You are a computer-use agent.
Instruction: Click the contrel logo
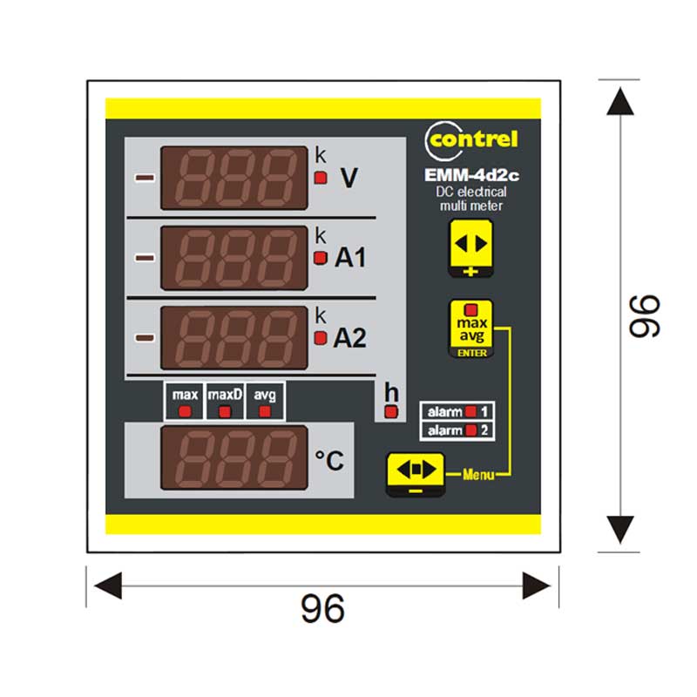click(x=471, y=140)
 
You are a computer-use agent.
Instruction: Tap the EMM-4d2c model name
click(x=471, y=175)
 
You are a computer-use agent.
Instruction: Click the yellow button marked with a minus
click(x=416, y=474)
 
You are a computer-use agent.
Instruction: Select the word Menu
click(x=478, y=475)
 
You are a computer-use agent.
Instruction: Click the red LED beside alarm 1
click(x=470, y=411)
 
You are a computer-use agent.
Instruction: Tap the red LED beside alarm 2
click(x=470, y=430)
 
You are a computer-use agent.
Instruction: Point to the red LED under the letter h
click(x=391, y=412)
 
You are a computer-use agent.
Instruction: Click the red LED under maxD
click(x=225, y=411)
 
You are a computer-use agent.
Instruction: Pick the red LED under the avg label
click(x=265, y=411)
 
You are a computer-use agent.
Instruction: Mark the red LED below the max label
click(x=185, y=411)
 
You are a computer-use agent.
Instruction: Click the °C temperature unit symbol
click(x=329, y=461)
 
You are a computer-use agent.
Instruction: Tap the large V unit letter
click(x=349, y=178)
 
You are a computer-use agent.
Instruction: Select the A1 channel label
click(x=350, y=257)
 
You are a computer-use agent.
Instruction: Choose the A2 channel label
click(x=350, y=338)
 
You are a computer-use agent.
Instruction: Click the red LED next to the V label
click(x=321, y=178)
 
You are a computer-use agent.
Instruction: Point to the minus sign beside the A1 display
click(x=145, y=258)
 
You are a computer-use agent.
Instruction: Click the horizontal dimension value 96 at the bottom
click(x=322, y=608)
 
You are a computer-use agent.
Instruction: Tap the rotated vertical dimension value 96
click(x=645, y=316)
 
